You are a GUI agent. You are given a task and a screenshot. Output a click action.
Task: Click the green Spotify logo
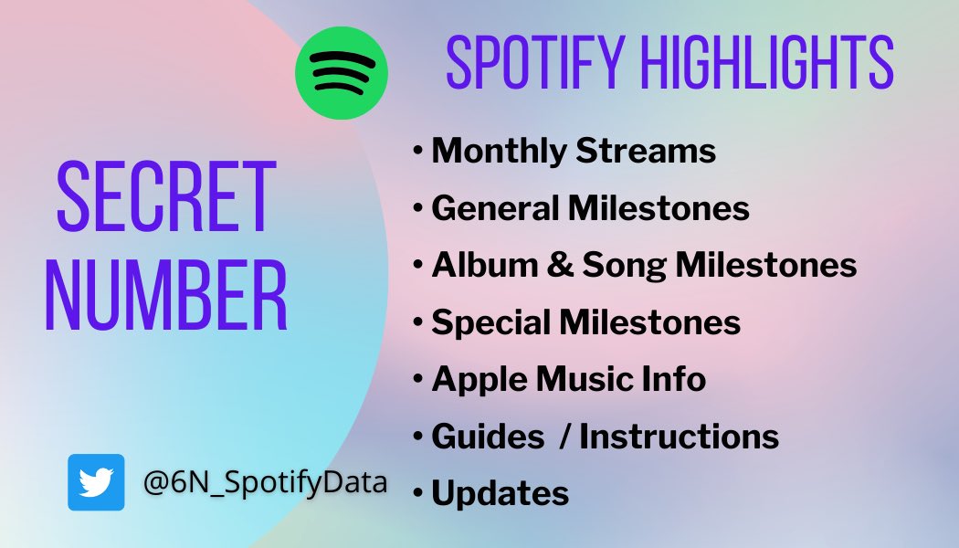(x=342, y=73)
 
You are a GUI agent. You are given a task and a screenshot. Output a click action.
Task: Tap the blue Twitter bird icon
(x=96, y=482)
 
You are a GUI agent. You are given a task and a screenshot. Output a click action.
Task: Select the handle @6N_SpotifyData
(x=265, y=482)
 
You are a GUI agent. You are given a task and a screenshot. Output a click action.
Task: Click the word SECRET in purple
(x=165, y=196)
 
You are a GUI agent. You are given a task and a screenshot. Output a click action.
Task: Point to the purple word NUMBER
(x=166, y=295)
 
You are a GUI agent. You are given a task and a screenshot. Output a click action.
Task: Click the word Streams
(x=646, y=151)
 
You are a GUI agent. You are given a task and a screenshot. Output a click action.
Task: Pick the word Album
(x=484, y=265)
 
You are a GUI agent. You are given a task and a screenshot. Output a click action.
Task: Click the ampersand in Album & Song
(x=559, y=266)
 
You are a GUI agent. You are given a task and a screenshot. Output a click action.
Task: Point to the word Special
(x=490, y=322)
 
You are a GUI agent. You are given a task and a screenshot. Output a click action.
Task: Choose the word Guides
(x=488, y=436)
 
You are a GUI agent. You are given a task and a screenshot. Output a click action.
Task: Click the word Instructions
(x=679, y=436)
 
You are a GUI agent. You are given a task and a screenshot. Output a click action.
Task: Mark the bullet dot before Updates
(x=418, y=493)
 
